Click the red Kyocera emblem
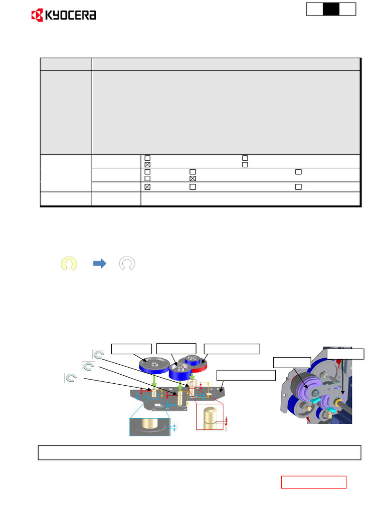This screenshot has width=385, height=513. pos(38,16)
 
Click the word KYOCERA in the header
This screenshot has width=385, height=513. pos(71,16)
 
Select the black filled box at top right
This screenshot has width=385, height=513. pos(331,9)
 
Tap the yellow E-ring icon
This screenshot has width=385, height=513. pos(69,264)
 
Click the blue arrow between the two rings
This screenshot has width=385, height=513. pos(100,264)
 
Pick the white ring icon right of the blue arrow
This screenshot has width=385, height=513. pos(127,264)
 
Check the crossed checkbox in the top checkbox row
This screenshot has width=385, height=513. pos(147,165)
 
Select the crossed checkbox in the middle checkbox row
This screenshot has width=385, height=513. pos(192,178)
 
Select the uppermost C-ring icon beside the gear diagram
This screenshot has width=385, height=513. pos(98,355)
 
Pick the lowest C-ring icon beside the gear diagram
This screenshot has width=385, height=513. pos(71,378)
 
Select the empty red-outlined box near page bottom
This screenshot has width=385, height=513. pos(313,482)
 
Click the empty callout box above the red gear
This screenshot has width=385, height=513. pos(232,349)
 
